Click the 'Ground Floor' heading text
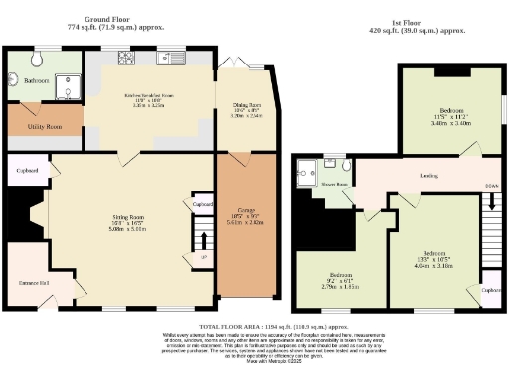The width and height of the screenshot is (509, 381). coord(110,18)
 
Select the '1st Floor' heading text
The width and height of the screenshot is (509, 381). coord(411,22)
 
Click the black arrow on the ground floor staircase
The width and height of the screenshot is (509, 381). coord(202,240)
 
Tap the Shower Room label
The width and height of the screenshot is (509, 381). coord(332,184)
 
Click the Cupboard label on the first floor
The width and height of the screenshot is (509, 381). coord(490,290)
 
